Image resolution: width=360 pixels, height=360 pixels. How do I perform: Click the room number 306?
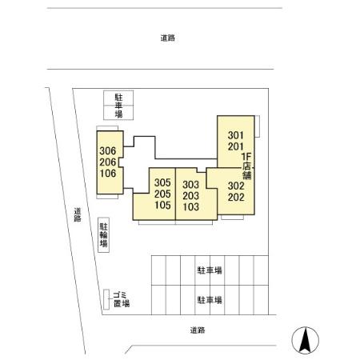tap(109, 150)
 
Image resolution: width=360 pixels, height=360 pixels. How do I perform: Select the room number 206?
tap(109, 162)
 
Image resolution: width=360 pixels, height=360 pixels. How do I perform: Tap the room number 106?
tap(109, 173)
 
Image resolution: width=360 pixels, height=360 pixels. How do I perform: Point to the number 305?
tap(163, 182)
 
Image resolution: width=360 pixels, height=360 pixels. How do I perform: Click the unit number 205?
tap(163, 194)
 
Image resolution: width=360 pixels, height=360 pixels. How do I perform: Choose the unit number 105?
tap(163, 205)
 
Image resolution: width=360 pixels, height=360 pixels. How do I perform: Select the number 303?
tap(190, 182)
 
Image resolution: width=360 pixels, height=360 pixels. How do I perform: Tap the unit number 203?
tap(190, 194)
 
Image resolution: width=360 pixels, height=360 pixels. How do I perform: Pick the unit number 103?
tap(190, 205)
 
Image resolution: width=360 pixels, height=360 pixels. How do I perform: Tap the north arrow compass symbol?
tap(304, 341)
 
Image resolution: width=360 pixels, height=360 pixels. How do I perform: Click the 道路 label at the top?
tap(167, 38)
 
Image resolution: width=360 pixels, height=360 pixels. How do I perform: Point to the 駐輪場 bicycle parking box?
tap(104, 236)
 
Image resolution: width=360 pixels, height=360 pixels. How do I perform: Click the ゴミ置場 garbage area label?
tap(120, 299)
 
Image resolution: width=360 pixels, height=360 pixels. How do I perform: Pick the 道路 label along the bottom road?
tap(198, 330)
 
